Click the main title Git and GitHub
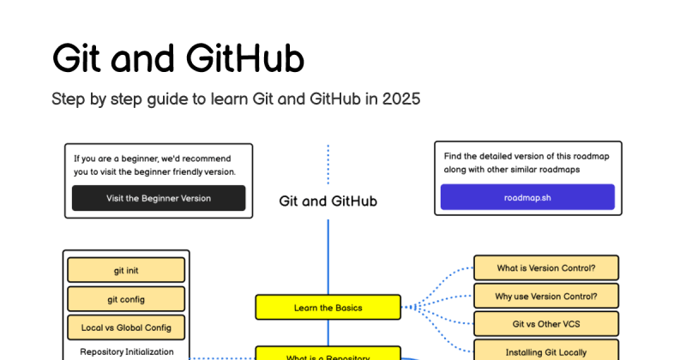click(178, 59)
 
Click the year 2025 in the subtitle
click(401, 99)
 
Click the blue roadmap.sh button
click(527, 197)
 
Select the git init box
click(126, 270)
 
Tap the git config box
click(126, 299)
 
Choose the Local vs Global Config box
click(126, 327)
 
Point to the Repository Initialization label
click(126, 351)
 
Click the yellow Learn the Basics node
click(328, 307)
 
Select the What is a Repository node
click(328, 355)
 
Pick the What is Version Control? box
click(545, 267)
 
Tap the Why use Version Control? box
click(545, 297)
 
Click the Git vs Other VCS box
click(545, 325)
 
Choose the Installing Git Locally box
click(545, 351)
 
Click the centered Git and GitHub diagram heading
click(328, 201)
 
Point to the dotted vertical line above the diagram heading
click(328, 163)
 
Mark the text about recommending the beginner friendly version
click(154, 165)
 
